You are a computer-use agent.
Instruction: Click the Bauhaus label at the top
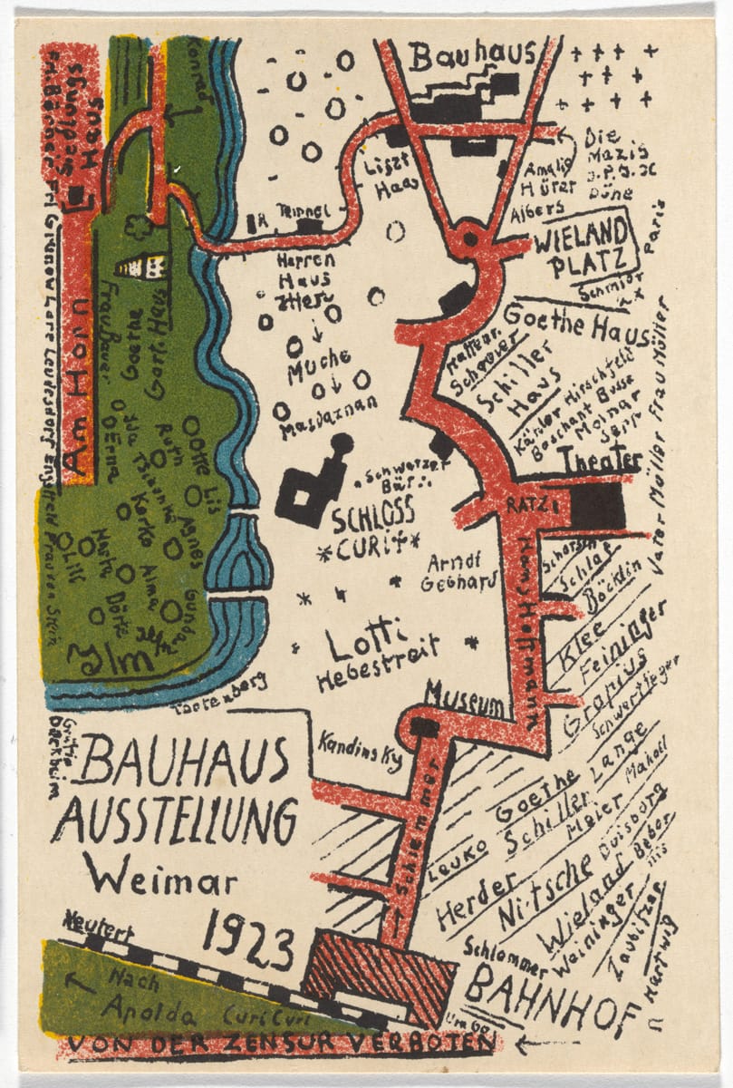(x=471, y=56)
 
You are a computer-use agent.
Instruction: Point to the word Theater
(x=599, y=461)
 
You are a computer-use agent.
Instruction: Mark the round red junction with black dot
(x=468, y=240)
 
